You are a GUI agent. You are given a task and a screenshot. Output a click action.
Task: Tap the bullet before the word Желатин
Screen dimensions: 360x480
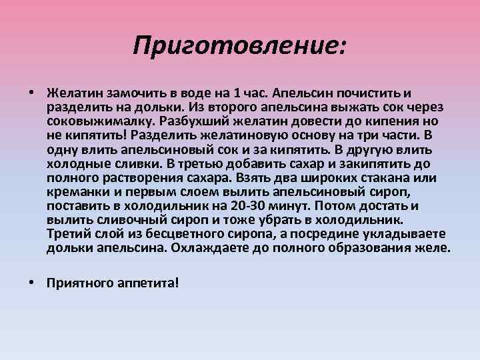coord(32,92)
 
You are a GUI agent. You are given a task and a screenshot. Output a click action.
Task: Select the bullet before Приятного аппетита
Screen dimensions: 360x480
coord(32,282)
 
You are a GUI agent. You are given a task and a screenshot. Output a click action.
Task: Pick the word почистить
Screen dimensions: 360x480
coord(368,93)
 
